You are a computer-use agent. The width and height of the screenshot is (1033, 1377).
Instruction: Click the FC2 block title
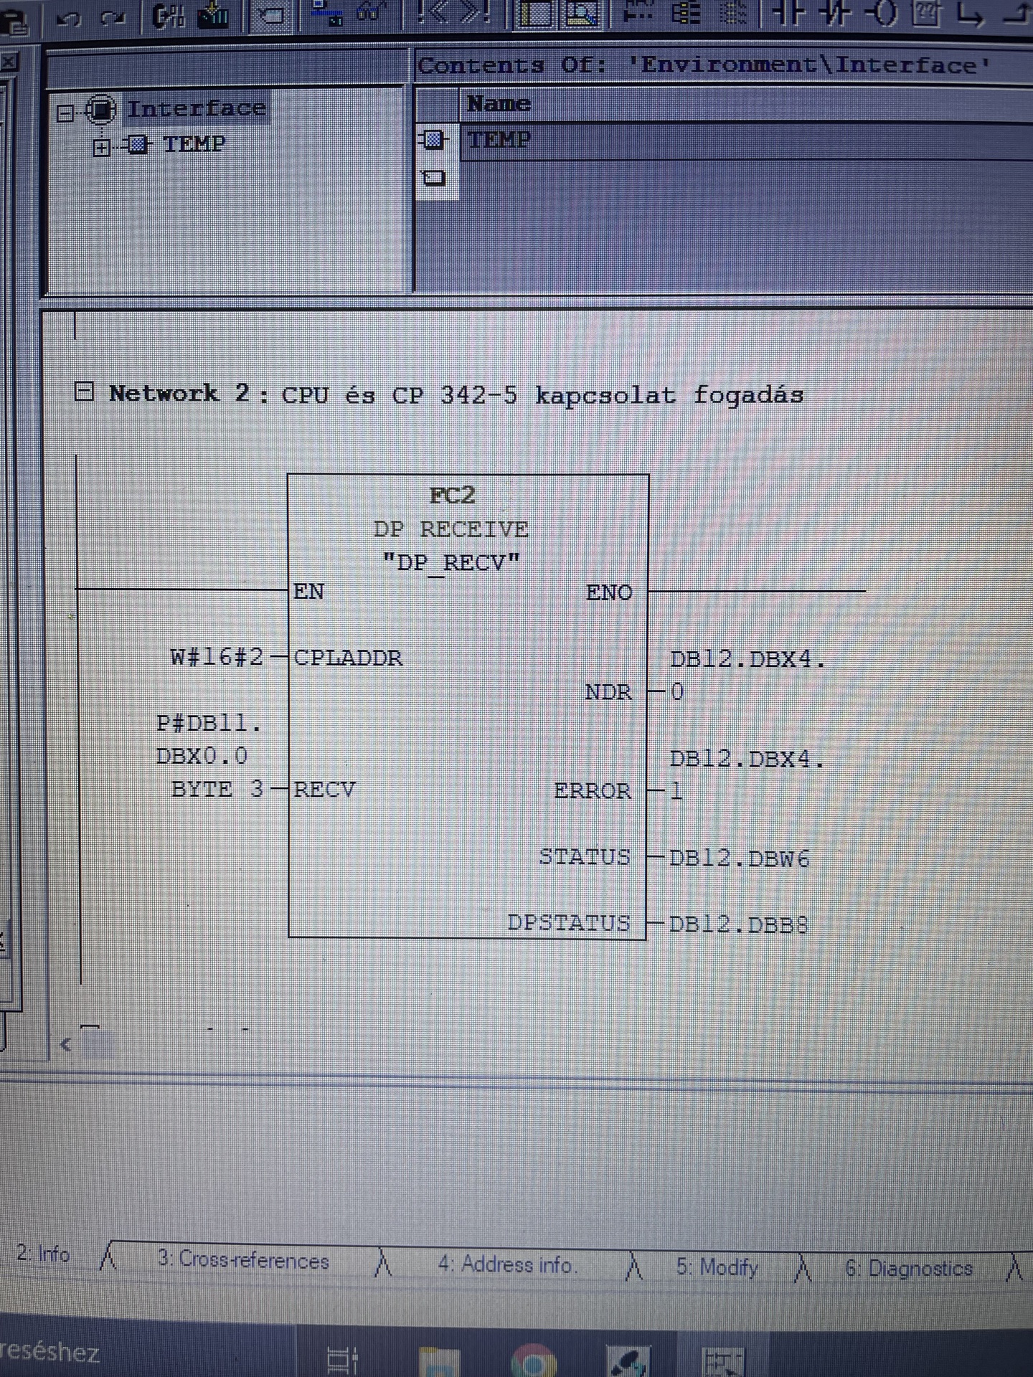pos(452,496)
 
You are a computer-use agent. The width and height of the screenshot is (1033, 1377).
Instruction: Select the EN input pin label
pos(309,592)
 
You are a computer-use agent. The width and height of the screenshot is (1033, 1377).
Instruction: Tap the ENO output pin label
pos(609,592)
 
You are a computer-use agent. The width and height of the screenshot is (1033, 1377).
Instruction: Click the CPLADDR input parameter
pos(348,658)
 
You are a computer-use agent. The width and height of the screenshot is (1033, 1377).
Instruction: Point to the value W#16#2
pos(217,657)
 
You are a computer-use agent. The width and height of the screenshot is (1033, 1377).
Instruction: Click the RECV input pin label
pos(324,790)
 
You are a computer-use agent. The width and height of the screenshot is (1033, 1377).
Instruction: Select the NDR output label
pos(608,692)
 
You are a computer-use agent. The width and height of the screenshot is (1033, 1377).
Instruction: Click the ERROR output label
pos(593,791)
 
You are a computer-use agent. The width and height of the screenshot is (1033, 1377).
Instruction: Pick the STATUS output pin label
pos(585,857)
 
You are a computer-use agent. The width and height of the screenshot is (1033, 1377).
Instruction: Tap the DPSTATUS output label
pos(569,922)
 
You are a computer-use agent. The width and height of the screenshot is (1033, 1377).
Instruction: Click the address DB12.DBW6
pos(739,858)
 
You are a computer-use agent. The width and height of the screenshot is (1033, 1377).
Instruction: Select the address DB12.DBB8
pos(738,924)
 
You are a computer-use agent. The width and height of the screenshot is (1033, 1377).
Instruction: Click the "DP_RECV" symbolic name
pos(451,562)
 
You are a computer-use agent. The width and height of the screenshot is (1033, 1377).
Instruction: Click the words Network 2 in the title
pos(179,394)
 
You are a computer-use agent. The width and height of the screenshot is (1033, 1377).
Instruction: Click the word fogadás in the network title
pos(748,395)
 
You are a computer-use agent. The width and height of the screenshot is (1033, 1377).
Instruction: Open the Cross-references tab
pos(243,1260)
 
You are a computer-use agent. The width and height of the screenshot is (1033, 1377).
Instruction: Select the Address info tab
pos(506,1264)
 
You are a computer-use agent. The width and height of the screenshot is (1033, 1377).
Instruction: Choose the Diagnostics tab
pos(909,1268)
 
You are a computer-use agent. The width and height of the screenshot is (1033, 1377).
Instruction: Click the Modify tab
pos(717,1267)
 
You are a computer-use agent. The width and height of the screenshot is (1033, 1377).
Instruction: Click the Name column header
pos(499,104)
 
